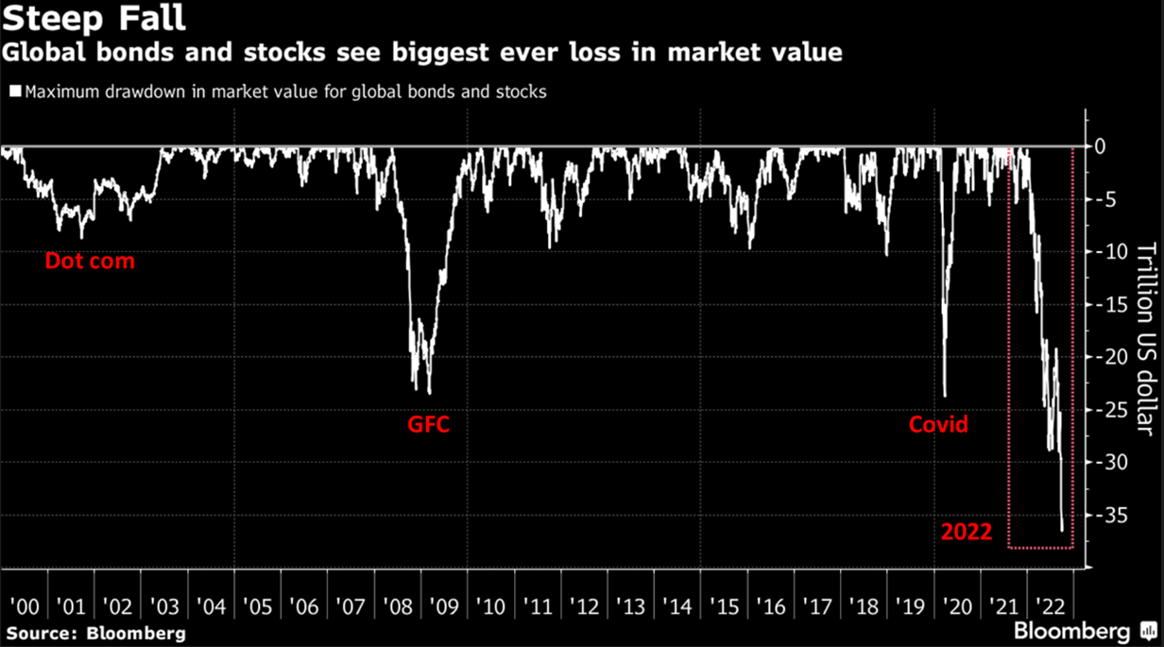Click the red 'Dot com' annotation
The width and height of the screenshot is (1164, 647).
coord(90,261)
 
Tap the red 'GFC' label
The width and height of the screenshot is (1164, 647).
coord(428,425)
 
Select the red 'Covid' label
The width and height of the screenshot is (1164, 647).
coord(938,425)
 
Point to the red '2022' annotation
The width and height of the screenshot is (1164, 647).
coord(967,533)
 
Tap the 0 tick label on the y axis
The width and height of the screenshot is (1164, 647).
coord(1101,147)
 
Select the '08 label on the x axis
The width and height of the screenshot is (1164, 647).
coord(395,605)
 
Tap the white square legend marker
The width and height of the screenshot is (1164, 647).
coord(15,93)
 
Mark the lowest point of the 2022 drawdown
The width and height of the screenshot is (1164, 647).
coord(1062,531)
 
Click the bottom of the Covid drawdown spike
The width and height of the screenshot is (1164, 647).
coord(944,397)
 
